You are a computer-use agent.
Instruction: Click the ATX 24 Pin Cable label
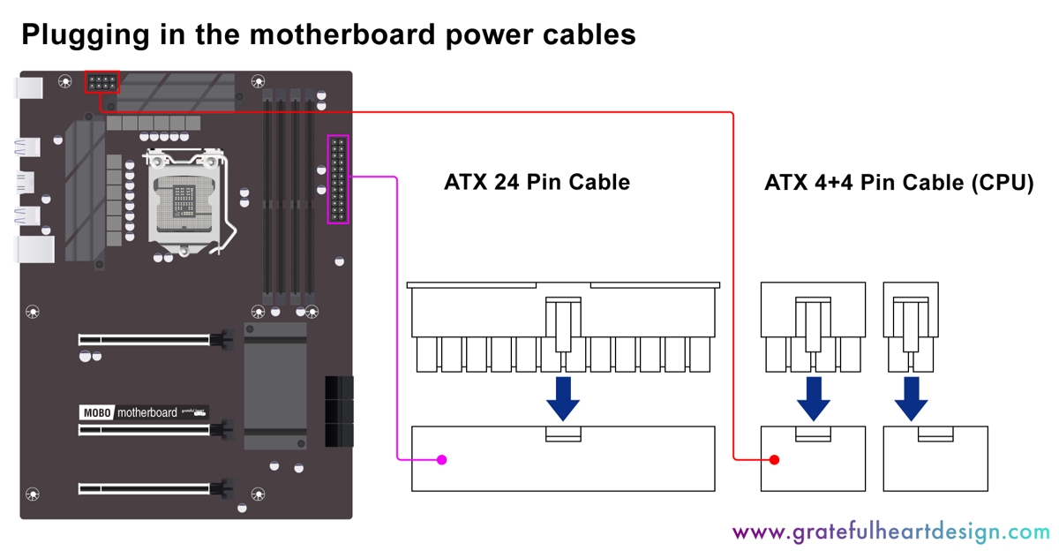pyautogui.click(x=537, y=183)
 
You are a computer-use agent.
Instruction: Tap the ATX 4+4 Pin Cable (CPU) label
pyautogui.click(x=898, y=184)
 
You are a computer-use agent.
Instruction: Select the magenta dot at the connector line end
pyautogui.click(x=442, y=459)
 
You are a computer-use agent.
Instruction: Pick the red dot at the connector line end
pyautogui.click(x=774, y=459)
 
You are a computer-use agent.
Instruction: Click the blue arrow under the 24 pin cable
pyautogui.click(x=563, y=399)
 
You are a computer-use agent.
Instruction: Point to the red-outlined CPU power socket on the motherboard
pyautogui.click(x=102, y=83)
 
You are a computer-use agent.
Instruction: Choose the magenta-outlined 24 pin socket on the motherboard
pyautogui.click(x=338, y=179)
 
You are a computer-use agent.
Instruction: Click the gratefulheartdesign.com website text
pyautogui.click(x=890, y=532)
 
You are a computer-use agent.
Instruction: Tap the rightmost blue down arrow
pyautogui.click(x=911, y=399)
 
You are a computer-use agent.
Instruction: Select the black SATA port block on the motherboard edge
pyautogui.click(x=339, y=411)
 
